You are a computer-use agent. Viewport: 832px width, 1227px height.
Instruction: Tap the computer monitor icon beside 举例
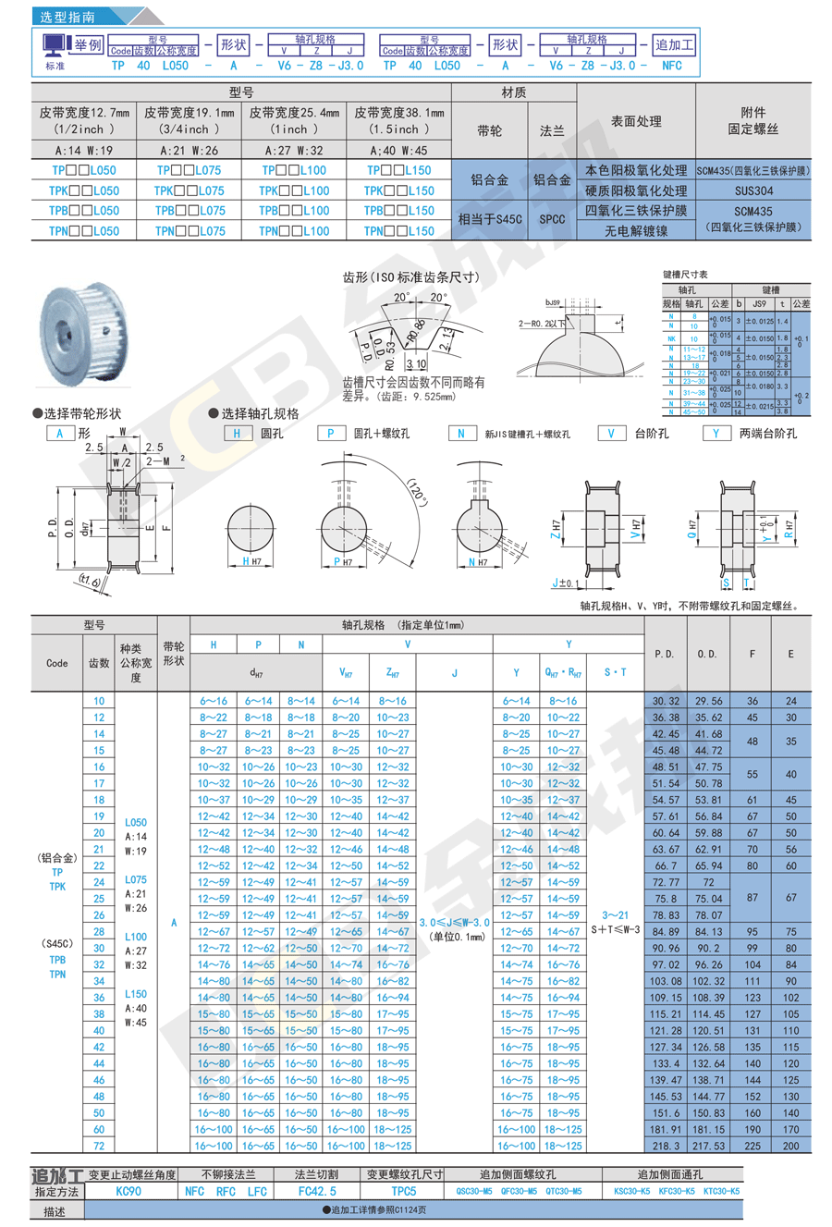point(55,44)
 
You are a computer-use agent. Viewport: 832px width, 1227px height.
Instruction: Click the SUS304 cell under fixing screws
point(752,190)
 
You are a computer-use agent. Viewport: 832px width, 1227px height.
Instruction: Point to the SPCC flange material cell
point(552,220)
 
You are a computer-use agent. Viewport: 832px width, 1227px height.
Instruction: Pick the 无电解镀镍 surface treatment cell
point(635,231)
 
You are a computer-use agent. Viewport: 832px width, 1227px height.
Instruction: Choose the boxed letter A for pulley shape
point(60,433)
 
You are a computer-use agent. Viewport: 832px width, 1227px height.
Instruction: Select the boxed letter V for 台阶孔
point(610,433)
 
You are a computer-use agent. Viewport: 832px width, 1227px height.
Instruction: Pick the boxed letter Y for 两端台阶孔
point(716,433)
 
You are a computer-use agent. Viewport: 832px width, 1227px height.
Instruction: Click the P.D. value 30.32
point(666,701)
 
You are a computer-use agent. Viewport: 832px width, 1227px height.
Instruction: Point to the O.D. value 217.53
point(709,1146)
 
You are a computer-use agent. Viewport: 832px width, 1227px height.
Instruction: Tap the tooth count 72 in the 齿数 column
point(99,1146)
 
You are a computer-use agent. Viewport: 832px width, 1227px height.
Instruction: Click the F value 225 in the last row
point(752,1146)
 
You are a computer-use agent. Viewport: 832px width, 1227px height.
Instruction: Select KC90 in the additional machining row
point(128,1192)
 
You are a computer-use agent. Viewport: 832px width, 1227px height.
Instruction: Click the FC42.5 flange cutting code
point(317,1192)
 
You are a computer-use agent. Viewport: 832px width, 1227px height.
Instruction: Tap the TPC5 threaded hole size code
point(404,1192)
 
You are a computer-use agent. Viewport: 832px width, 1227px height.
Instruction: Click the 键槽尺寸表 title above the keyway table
point(685,275)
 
